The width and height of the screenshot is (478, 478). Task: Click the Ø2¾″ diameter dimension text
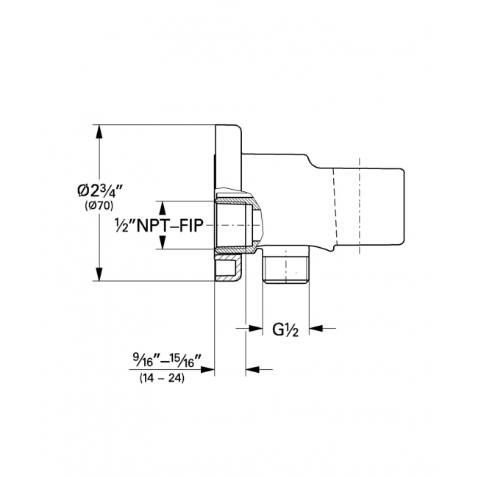coord(100,191)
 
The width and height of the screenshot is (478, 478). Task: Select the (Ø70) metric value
coord(99,206)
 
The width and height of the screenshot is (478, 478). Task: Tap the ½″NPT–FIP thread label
coord(159,226)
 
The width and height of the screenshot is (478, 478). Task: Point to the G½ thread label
coord(285,329)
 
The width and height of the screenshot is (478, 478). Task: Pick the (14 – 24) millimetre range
coord(162,378)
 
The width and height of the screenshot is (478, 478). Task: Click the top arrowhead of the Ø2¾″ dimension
coord(99,132)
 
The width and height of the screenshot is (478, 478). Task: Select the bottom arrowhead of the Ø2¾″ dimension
coord(99,274)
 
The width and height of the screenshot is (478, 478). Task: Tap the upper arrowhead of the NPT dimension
coord(163,208)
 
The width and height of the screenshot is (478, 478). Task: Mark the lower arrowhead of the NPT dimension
coord(163,242)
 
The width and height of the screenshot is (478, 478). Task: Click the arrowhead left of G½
coord(256,328)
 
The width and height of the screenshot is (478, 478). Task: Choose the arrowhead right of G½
coord(316,328)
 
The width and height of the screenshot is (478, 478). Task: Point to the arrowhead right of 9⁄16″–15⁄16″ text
coord(207,369)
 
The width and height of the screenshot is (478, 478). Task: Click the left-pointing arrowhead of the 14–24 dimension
coord(253,369)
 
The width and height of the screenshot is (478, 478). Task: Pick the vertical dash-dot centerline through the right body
coord(360,206)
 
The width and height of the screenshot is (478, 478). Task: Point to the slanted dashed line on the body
coord(335,207)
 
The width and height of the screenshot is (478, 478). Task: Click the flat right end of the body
coord(404,207)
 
